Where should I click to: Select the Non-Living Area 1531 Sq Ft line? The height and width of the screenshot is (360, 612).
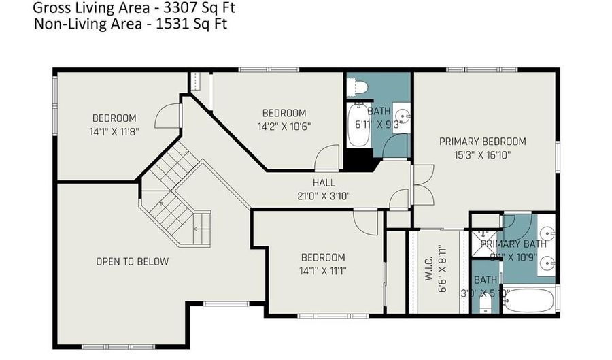pyautogui.click(x=130, y=24)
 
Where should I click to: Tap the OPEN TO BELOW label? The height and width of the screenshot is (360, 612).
pyautogui.click(x=132, y=261)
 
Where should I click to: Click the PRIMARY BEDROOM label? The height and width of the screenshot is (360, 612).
pyautogui.click(x=482, y=142)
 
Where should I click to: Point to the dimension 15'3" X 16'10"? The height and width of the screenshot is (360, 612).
pyautogui.click(x=482, y=155)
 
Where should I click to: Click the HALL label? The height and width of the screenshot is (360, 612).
pyautogui.click(x=324, y=182)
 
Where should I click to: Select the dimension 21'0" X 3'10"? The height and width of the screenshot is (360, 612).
pyautogui.click(x=324, y=196)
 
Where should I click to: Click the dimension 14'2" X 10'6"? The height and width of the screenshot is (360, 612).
pyautogui.click(x=284, y=126)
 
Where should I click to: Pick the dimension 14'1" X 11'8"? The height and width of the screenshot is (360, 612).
pyautogui.click(x=114, y=131)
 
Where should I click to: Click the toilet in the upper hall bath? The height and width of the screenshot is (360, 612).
pyautogui.click(x=356, y=87)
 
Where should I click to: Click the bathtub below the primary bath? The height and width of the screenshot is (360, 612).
pyautogui.click(x=530, y=300)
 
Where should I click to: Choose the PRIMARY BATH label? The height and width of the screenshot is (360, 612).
pyautogui.click(x=515, y=244)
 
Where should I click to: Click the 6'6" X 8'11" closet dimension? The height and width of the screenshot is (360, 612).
pyautogui.click(x=443, y=269)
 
